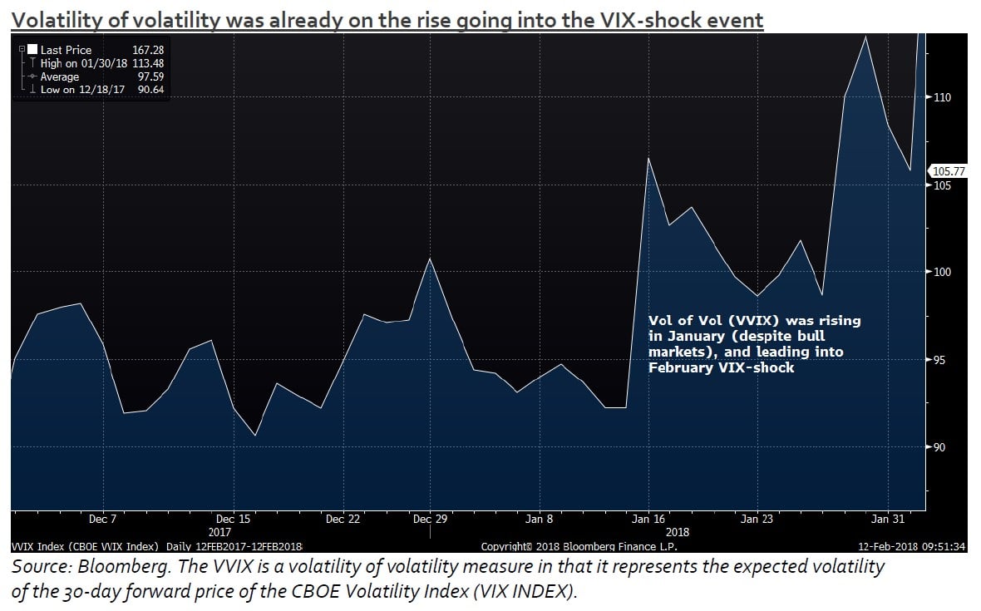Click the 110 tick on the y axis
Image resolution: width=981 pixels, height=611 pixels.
coord(942,97)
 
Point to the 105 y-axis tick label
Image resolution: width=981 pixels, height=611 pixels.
coord(942,185)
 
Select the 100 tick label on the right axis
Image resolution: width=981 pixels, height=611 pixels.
coord(942,273)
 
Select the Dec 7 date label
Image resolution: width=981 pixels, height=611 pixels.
coord(103,520)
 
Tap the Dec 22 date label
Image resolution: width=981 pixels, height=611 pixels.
coord(343,520)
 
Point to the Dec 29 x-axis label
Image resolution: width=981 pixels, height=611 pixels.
coord(430,520)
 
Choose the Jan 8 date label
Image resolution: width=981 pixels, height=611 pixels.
coord(540,520)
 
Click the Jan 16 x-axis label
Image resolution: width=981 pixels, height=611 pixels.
coord(648,520)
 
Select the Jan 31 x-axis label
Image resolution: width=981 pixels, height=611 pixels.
coord(887,520)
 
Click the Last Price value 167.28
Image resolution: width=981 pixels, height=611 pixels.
coord(146,51)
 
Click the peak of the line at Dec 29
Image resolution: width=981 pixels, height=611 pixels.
coord(429,259)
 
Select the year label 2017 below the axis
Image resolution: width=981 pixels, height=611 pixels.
coord(219,531)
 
